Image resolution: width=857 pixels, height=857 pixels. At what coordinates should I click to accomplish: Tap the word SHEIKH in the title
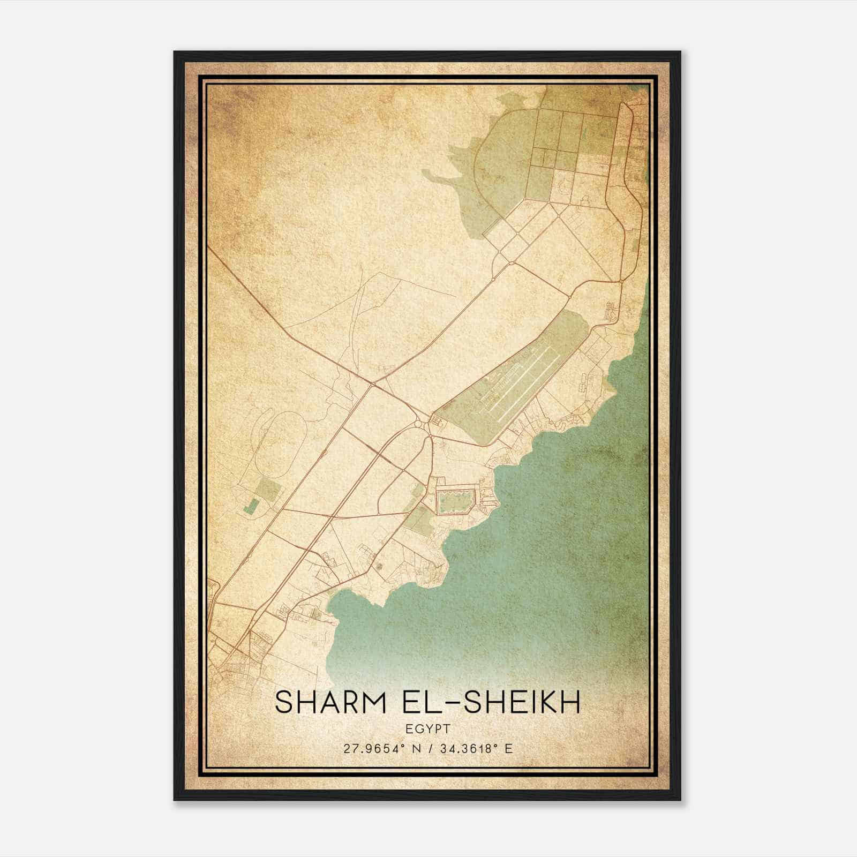(522, 703)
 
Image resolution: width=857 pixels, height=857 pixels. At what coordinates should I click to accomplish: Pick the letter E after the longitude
(508, 748)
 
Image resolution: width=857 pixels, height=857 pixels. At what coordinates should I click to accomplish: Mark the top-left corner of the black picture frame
(175, 52)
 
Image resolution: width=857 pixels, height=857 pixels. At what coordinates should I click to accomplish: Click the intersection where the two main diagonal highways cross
(372, 382)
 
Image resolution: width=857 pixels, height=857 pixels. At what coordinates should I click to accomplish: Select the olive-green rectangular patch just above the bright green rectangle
(268, 490)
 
